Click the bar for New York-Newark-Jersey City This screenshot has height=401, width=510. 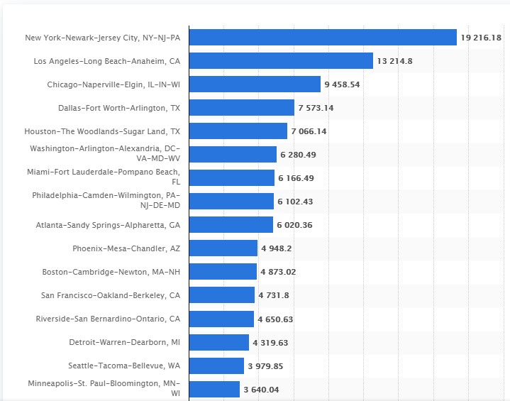pyautogui.click(x=323, y=38)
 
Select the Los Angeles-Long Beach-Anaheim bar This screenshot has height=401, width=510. pyautogui.click(x=281, y=61)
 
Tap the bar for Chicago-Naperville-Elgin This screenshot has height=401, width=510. pyautogui.click(x=255, y=84)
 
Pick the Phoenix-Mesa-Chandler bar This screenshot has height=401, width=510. pyautogui.click(x=223, y=248)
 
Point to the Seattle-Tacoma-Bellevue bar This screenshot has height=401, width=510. pyautogui.click(x=216, y=366)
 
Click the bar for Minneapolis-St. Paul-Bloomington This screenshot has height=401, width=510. pyautogui.click(x=214, y=390)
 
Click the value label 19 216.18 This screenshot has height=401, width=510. pyautogui.click(x=481, y=38)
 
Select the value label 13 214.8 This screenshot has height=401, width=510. pyautogui.click(x=395, y=61)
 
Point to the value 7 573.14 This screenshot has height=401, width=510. pyautogui.click(x=316, y=108)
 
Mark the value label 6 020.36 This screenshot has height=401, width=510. pyautogui.click(x=294, y=225)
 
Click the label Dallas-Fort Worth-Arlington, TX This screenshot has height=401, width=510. pyautogui.click(x=119, y=108)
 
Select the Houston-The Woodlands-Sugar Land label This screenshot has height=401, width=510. pyautogui.click(x=102, y=131)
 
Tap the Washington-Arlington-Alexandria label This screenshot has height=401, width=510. pyautogui.click(x=105, y=154)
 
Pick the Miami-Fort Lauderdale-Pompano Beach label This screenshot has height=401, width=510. pyautogui.click(x=104, y=177)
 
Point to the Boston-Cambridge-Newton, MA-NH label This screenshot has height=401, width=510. pyautogui.click(x=111, y=272)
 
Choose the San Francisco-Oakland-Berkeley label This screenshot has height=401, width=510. pyautogui.click(x=110, y=295)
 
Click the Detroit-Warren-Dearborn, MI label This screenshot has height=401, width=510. pyautogui.click(x=124, y=342)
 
